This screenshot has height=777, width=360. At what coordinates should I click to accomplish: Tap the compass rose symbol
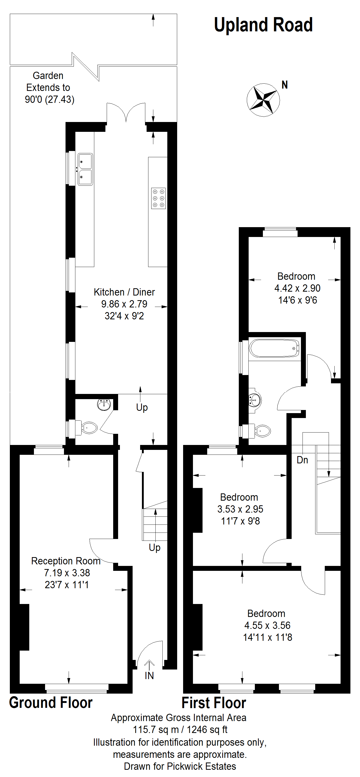pyautogui.click(x=263, y=100)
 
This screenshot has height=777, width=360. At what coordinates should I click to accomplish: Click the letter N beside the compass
pyautogui.click(x=285, y=85)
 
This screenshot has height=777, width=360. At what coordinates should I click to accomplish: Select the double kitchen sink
pyautogui.click(x=85, y=169)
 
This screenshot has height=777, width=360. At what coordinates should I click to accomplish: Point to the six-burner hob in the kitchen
pyautogui.click(x=159, y=198)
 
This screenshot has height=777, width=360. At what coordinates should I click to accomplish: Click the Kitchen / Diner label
pyautogui.click(x=124, y=292)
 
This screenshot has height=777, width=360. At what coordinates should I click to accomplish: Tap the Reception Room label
pyautogui.click(x=66, y=561)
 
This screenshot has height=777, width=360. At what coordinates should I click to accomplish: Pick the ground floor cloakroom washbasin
pyautogui.click(x=104, y=405)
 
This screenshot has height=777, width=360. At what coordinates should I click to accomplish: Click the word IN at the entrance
pyautogui.click(x=149, y=676)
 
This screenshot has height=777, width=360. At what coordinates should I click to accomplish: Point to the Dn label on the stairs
pyautogui.click(x=303, y=460)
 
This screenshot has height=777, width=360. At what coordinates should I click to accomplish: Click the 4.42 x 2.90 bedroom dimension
pyautogui.click(x=297, y=288)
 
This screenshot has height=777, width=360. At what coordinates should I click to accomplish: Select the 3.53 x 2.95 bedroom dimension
pyautogui.click(x=240, y=509)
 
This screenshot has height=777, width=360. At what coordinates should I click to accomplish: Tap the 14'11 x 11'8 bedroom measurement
pyautogui.click(x=268, y=637)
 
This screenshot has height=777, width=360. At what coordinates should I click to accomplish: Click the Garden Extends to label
pyautogui.click(x=48, y=81)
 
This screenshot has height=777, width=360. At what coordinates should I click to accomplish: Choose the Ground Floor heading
pyautogui.click(x=51, y=702)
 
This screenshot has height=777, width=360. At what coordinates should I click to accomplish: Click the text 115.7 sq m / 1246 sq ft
pyautogui.click(x=180, y=730)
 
